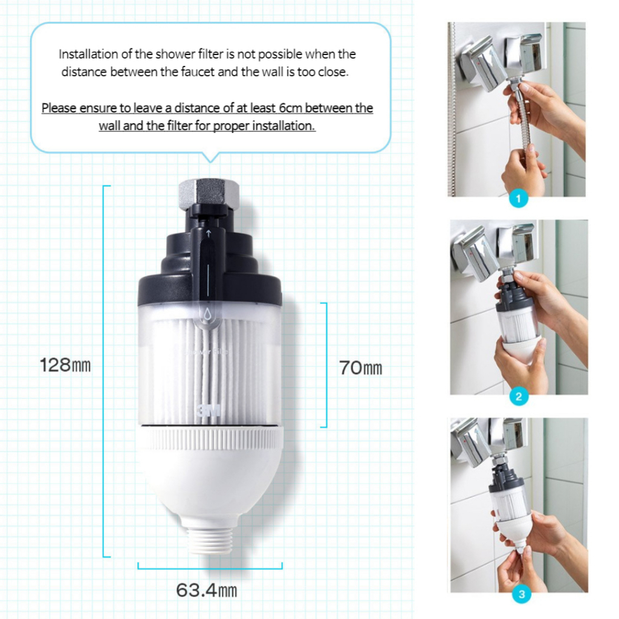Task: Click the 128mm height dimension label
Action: [x=65, y=365]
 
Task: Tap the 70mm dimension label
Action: [x=360, y=368]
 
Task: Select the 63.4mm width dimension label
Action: [x=207, y=591]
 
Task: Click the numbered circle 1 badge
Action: [x=518, y=198]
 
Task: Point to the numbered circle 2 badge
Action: [x=519, y=396]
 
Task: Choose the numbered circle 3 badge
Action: [x=521, y=595]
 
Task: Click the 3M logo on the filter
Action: [x=209, y=410]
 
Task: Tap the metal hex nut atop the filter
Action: [x=208, y=193]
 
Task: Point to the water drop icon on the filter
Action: [x=207, y=314]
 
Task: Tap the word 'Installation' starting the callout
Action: [x=88, y=54]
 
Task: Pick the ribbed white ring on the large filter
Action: [x=210, y=439]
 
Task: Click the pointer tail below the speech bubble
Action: [x=210, y=157]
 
